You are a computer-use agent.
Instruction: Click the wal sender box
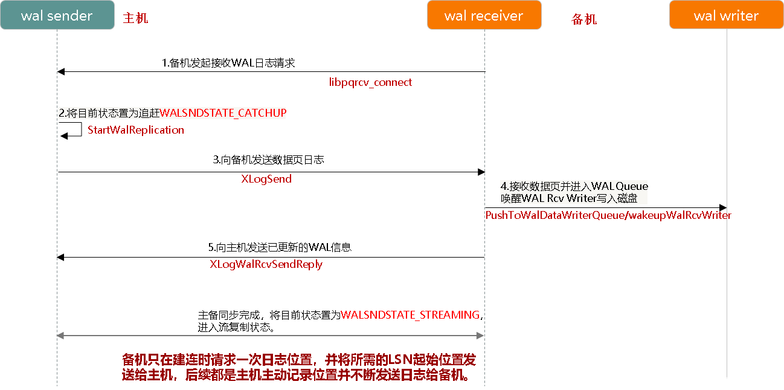point(57,15)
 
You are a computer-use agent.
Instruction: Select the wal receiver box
point(484,15)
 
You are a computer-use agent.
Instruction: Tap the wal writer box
point(726,15)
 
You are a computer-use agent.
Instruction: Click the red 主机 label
point(135,19)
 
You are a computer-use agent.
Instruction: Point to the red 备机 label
point(584,20)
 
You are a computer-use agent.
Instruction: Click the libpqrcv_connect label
point(370,82)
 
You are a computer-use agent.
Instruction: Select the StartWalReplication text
point(136,130)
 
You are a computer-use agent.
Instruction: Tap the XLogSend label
point(266,179)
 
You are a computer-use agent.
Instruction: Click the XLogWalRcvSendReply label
point(266,264)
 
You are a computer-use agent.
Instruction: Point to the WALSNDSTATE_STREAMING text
point(410,315)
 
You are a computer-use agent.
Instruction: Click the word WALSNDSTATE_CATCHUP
point(223,113)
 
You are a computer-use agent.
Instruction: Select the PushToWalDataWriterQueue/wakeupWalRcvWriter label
point(608,215)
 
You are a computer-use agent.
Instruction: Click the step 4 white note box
point(574,192)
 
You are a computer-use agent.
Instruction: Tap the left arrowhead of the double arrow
point(59,335)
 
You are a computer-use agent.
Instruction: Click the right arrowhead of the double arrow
point(482,335)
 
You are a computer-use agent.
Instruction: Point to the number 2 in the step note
point(61,113)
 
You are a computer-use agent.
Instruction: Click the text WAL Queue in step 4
point(619,186)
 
